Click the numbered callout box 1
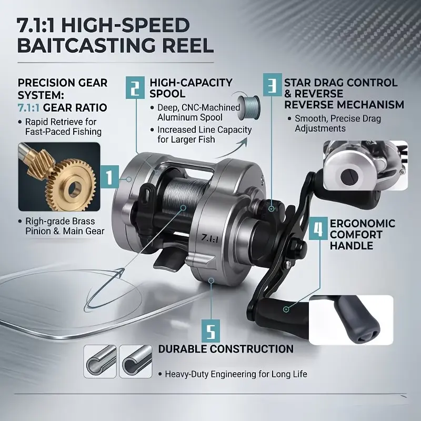[x=109, y=176]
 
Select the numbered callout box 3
[x=272, y=84]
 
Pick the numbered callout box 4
[x=318, y=228]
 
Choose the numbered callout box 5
[x=211, y=331]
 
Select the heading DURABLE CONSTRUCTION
[x=226, y=349]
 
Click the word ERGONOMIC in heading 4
[x=363, y=223]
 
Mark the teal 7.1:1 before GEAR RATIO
[x=28, y=108]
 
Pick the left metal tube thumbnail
[x=100, y=362]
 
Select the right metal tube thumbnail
[x=136, y=362]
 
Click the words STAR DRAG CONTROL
[x=340, y=83]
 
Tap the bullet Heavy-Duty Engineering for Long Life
[x=236, y=374]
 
